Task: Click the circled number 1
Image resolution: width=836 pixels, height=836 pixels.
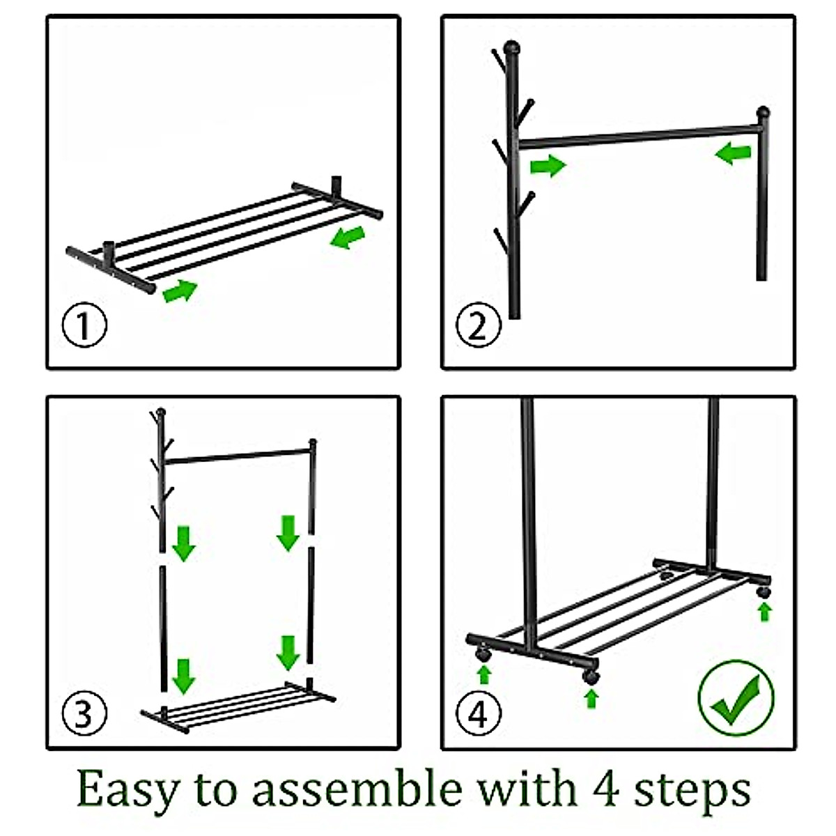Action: (x=84, y=325)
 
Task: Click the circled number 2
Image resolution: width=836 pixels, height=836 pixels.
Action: (x=478, y=325)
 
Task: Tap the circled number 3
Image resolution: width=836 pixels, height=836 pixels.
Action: (x=84, y=713)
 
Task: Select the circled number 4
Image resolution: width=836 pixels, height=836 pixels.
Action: (x=478, y=713)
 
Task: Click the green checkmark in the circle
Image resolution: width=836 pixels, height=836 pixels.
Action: (x=736, y=698)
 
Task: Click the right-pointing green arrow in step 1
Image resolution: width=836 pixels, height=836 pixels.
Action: (x=180, y=291)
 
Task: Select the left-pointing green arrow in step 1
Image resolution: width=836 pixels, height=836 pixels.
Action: (x=347, y=238)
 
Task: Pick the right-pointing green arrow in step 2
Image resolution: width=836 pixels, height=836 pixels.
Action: (x=548, y=165)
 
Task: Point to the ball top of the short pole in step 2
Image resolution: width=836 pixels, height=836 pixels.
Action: (x=763, y=114)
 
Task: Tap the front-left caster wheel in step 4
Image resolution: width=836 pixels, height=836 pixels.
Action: (x=482, y=667)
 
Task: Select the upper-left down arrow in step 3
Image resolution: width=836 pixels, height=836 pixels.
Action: (x=183, y=543)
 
